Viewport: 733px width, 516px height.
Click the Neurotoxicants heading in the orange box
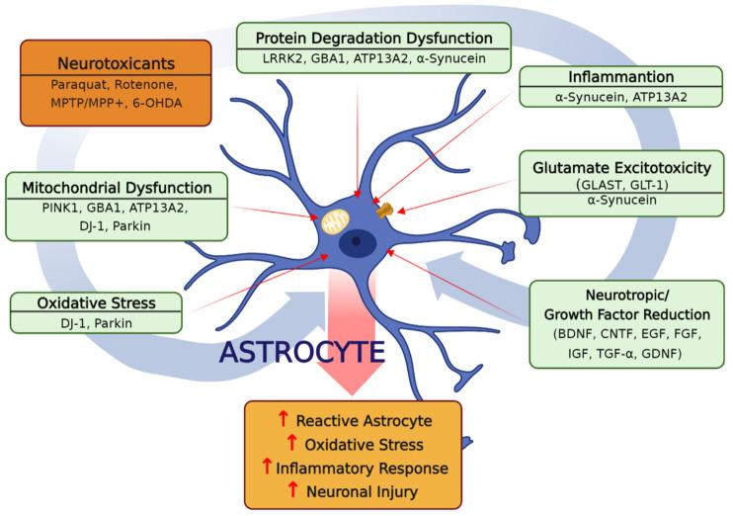coord(117,63)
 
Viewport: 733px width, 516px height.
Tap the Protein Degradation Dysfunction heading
coord(373,39)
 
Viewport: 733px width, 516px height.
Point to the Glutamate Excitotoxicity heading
coord(621,168)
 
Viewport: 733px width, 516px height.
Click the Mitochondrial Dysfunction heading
coord(117,186)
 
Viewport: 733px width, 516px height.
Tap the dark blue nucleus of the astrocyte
coord(356,240)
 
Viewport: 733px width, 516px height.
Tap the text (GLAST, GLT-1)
coord(620,185)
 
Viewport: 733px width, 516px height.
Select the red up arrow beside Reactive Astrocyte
coord(283,420)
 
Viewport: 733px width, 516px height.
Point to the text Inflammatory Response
coord(362,468)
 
